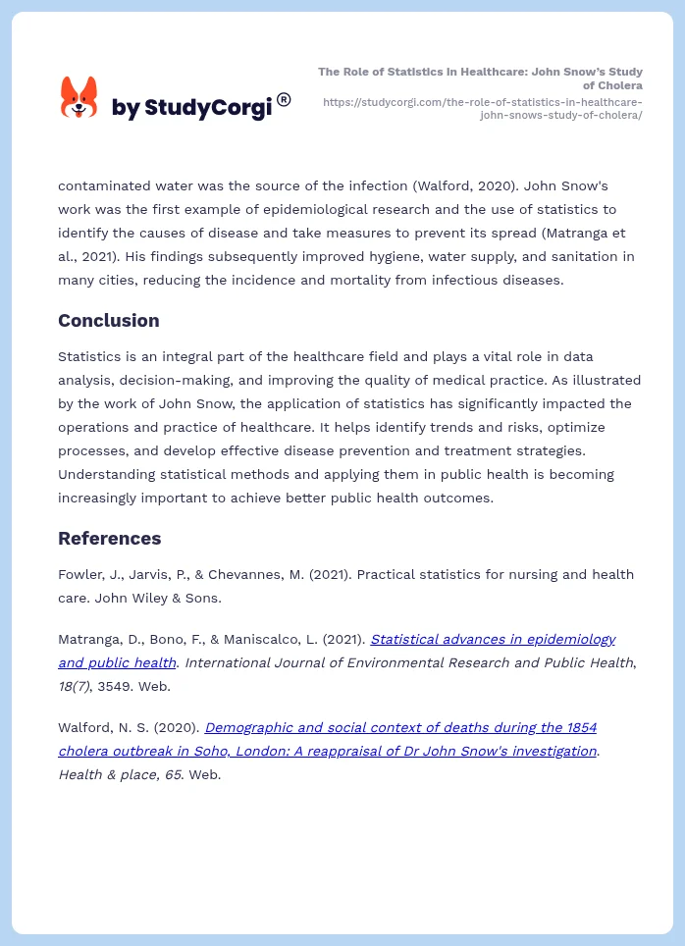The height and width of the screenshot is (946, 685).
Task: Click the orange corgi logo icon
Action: [79, 98]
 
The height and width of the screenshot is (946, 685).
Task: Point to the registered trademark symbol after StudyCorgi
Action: [284, 99]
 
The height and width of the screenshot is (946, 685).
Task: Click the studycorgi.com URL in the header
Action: [482, 108]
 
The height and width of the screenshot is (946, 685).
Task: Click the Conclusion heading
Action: [108, 321]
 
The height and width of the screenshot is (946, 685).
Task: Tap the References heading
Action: [109, 539]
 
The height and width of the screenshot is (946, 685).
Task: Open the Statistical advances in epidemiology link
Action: [493, 639]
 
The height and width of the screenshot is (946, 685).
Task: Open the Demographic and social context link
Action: [400, 727]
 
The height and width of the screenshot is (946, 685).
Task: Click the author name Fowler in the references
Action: [79, 574]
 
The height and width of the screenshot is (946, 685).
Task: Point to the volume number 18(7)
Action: [75, 686]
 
